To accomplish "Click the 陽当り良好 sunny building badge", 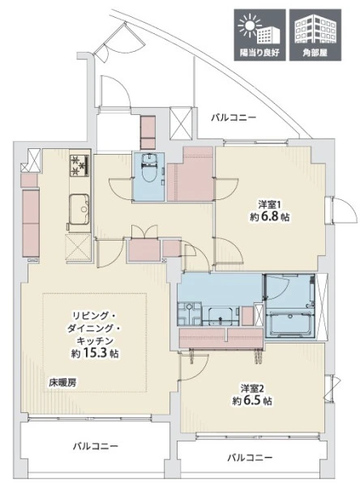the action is tap(259, 35).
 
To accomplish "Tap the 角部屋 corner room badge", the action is tap(315, 35).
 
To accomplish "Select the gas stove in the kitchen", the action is tap(80, 165).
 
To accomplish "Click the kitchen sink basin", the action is tap(79, 209).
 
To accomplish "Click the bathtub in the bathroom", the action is tap(289, 325).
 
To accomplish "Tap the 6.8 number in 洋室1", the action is tap(269, 216).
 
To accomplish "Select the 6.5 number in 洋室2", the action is tap(252, 401).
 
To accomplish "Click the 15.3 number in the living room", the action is tap(94, 353).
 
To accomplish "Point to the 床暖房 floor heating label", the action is tap(62, 383).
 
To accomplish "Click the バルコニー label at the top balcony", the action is tap(234, 117).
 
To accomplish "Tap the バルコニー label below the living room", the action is tap(96, 446).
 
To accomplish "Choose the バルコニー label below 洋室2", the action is tap(250, 458).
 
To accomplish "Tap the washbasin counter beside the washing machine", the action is tap(221, 316).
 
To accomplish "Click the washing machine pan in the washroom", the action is tap(190, 314).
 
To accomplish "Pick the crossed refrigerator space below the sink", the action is tap(78, 248).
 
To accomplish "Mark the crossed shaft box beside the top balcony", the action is tap(181, 123).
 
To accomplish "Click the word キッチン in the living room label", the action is tap(95, 341).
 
